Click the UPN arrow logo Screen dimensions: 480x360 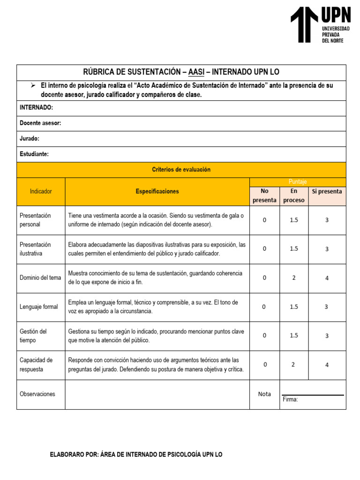click(305, 24)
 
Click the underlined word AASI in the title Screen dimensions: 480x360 click(196, 72)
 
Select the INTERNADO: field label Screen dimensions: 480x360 click(36, 108)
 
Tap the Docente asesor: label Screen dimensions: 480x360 click(40, 123)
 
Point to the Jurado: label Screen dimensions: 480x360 click(29, 139)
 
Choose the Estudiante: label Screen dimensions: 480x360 click(34, 154)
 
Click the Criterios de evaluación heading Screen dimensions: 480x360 click(181, 170)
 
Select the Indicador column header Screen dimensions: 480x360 click(41, 192)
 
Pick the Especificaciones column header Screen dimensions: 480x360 click(157, 192)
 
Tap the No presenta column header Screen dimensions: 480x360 click(264, 195)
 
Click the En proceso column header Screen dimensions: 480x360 click(294, 195)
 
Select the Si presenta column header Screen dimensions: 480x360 click(327, 191)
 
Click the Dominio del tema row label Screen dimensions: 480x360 click(40, 277)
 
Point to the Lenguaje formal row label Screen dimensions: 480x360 click(39, 307)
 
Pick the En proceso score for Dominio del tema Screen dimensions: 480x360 click(294, 277)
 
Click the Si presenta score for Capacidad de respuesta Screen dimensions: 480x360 click(327, 365)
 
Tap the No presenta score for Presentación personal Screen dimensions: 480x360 click(264, 220)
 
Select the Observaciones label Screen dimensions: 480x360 click(37, 394)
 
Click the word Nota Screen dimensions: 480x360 click(264, 394)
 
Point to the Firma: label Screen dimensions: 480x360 click(290, 399)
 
